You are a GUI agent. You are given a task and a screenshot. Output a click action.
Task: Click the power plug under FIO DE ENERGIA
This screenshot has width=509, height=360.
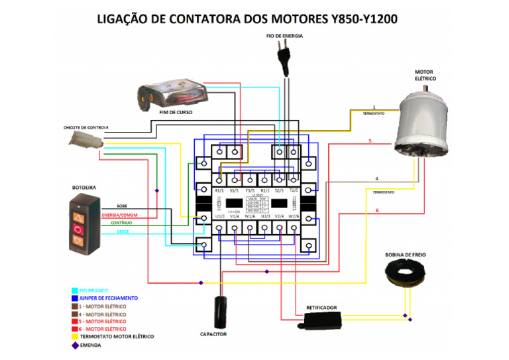coord(288,58)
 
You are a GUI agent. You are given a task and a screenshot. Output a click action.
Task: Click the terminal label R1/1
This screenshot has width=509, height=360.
coord(220,190)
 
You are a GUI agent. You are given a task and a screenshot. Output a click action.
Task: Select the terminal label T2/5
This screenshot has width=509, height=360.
coord(294,190)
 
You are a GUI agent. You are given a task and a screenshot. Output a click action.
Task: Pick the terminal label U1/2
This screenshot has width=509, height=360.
coord(220,216)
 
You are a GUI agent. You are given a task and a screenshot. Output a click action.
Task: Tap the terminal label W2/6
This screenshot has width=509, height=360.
coord(294,216)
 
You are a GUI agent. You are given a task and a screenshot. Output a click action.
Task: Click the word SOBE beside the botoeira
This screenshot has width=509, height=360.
coord(123,206)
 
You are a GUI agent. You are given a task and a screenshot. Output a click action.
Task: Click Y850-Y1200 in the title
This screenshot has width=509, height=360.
coord(363,18)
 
